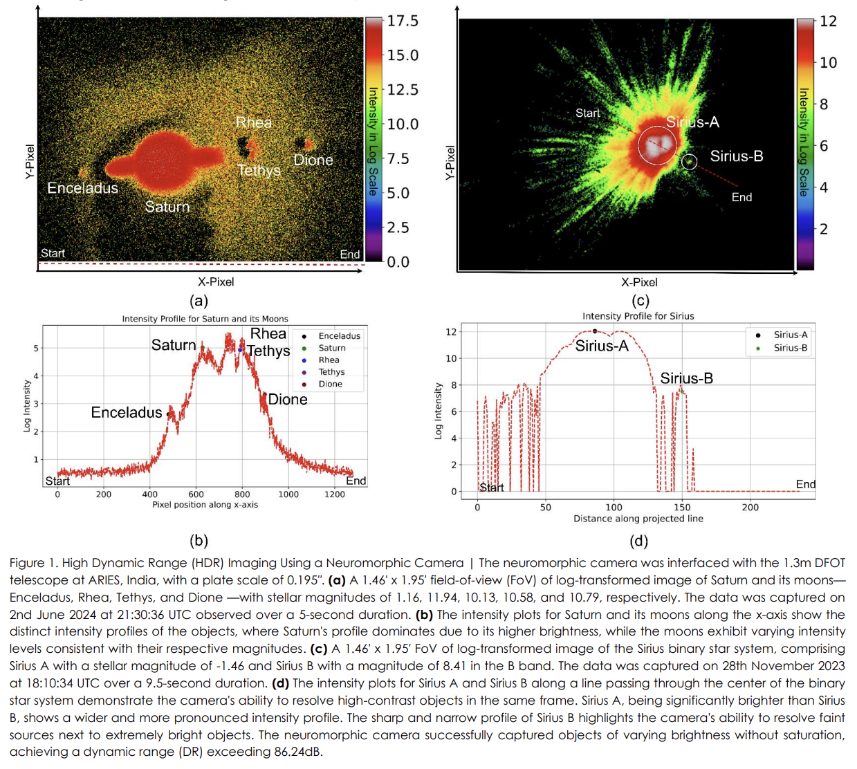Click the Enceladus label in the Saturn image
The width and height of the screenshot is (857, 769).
tap(82, 188)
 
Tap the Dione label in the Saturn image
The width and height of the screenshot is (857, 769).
tap(313, 160)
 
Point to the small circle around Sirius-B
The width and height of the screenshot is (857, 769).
tap(689, 162)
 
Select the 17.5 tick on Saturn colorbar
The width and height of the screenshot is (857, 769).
tap(403, 21)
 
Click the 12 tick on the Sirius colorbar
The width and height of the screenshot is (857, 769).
tap(828, 21)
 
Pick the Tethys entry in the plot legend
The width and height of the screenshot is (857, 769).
tap(331, 372)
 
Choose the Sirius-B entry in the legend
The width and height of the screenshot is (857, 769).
tap(790, 348)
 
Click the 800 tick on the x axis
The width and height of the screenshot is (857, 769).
tap(242, 494)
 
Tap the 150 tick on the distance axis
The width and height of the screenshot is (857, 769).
tap(682, 508)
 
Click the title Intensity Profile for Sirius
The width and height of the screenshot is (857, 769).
tap(638, 316)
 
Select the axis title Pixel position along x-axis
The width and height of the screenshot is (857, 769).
tap(205, 505)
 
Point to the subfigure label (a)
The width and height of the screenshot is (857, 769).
tap(199, 301)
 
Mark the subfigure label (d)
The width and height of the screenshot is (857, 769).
tap(638, 541)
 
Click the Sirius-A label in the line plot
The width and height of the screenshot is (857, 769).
tap(602, 346)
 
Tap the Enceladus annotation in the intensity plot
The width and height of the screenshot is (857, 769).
tap(127, 413)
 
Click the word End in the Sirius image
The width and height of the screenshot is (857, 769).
tap(741, 198)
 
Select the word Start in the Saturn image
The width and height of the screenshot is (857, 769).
tap(53, 253)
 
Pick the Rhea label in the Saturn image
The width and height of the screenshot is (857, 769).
tap(253, 123)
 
